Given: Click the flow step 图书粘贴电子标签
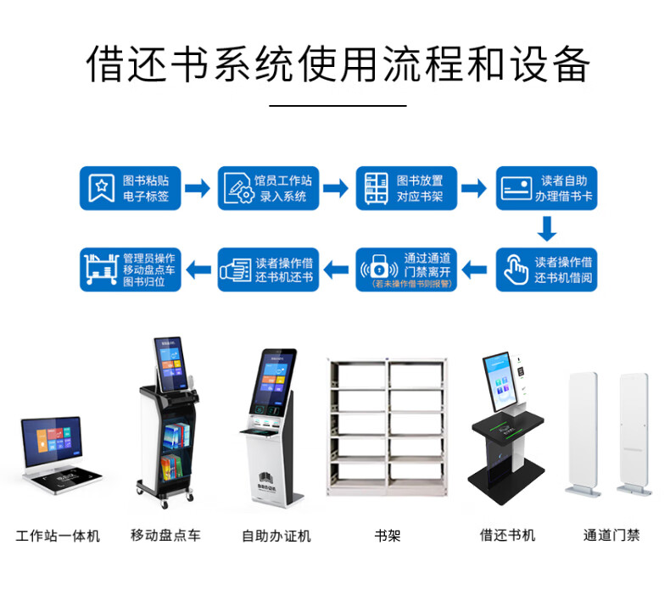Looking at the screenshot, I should click(x=131, y=188).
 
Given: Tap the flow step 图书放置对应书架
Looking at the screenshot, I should click(x=407, y=188).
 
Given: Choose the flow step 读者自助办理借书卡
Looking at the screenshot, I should click(x=546, y=188).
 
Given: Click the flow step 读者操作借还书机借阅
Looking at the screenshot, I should click(x=546, y=270).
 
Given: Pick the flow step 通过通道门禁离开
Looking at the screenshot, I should click(x=407, y=270).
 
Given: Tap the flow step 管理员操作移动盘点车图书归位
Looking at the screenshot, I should click(x=131, y=270).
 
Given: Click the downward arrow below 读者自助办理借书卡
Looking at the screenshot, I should click(x=548, y=228).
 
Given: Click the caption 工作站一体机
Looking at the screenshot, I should click(x=58, y=536).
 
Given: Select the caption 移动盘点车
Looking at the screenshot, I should click(x=165, y=536).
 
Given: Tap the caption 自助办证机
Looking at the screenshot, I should click(x=276, y=536).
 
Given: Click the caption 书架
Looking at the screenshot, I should click(x=387, y=536).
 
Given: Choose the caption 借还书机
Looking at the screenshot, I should click(x=507, y=536).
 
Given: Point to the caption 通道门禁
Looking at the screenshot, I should click(x=611, y=536).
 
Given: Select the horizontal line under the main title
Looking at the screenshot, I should click(x=338, y=106).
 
